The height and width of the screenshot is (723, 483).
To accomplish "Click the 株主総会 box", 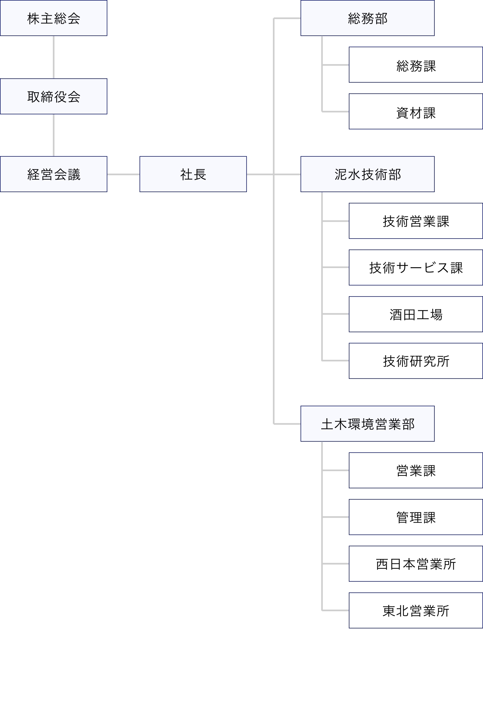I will pos(54,18).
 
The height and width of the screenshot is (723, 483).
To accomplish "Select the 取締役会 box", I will pos(54,97).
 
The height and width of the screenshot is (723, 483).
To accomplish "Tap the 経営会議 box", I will pos(54,174).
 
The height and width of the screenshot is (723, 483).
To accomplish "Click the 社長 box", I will pos(193,174).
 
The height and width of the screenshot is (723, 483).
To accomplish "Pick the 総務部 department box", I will pos(367,18).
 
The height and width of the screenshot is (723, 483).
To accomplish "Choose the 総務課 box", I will pos(416,65).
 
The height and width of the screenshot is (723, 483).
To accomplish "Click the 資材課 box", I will pos(416,112).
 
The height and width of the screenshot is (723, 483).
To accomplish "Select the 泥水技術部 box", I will pos(367,174).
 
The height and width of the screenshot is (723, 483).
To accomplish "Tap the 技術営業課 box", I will pos(416,221).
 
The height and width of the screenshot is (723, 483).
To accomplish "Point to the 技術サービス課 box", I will pos(416,268).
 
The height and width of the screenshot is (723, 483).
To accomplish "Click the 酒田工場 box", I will pos(416,314).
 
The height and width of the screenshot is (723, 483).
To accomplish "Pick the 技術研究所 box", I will pos(416,361).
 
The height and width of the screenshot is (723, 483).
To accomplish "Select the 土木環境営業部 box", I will pos(367,424).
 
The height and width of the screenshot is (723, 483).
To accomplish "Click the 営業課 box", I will pos(416,470).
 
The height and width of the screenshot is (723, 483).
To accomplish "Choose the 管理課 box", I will pos(416,517).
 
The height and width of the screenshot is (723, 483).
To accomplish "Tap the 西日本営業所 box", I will pos(416,564).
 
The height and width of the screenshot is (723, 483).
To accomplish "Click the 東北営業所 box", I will pos(416,611).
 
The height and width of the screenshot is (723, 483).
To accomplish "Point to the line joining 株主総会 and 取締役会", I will pos(54,57).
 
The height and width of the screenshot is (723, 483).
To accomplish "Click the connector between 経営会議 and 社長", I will pos(123,175).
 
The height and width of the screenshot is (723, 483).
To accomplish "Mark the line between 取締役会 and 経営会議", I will pos(54,135).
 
